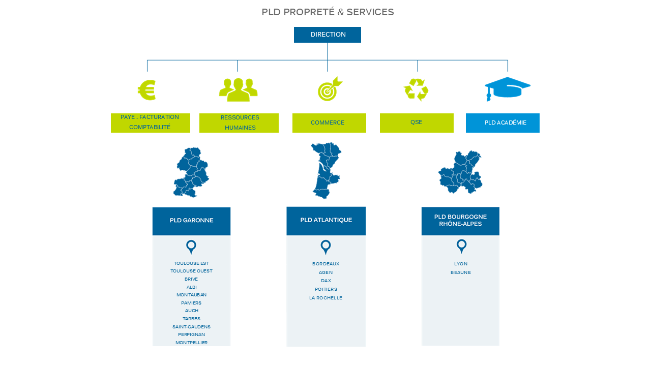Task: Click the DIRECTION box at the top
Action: [328, 35]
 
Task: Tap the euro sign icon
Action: [147, 90]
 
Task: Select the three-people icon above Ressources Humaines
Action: [238, 90]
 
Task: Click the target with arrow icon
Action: [329, 89]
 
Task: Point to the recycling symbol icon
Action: [416, 90]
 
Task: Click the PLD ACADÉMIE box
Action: [502, 123]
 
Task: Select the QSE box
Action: [417, 123]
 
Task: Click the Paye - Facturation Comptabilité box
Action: [151, 123]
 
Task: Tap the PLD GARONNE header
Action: [191, 221]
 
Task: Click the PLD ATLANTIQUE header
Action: [326, 221]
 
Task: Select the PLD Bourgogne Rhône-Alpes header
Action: [460, 221]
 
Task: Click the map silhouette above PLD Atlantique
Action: [325, 170]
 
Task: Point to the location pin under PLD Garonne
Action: [191, 247]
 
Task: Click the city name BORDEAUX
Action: [326, 264]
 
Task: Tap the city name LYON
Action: [461, 264]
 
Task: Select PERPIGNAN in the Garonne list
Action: [192, 334]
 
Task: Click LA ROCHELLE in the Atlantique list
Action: [326, 298]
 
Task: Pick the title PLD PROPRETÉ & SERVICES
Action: [328, 12]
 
